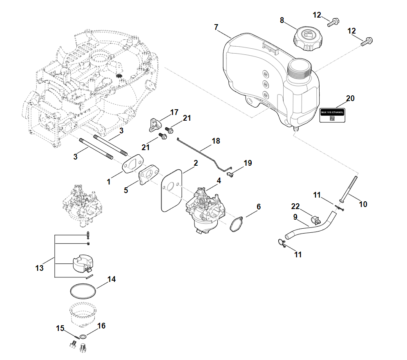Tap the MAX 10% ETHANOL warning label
click(332, 115)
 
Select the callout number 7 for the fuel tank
click(217, 27)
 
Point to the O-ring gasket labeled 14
click(83, 292)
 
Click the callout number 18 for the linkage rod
click(216, 141)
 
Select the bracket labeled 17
click(154, 124)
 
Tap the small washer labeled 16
click(83, 336)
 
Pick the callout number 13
click(39, 268)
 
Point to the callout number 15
click(60, 328)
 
